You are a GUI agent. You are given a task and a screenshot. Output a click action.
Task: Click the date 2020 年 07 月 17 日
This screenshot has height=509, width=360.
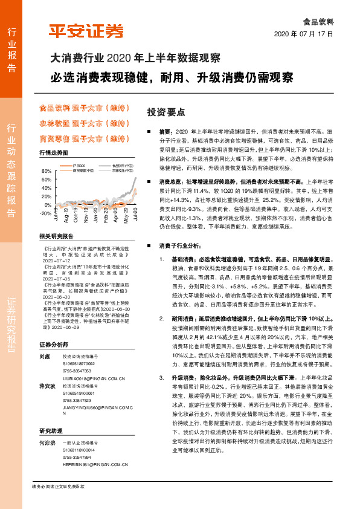click(x=307, y=34)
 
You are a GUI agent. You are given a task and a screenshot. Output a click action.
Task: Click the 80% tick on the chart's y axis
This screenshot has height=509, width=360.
click(x=47, y=171)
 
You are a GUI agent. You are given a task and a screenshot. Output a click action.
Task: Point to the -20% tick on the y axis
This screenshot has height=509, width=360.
click(x=46, y=213)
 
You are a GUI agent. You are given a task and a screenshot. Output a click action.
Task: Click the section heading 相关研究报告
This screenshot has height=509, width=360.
click(x=56, y=236)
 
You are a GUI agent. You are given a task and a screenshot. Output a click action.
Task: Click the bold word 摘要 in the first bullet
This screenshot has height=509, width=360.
click(x=166, y=131)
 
